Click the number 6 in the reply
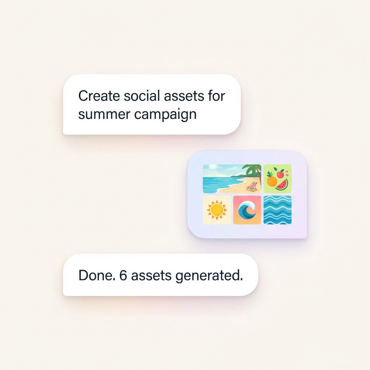(x=124, y=275)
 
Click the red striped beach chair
(x=252, y=186)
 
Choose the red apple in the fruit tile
(x=280, y=174)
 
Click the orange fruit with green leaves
(x=271, y=180)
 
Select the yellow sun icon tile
(x=217, y=210)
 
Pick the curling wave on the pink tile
(x=247, y=210)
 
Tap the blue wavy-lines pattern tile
(x=277, y=210)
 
